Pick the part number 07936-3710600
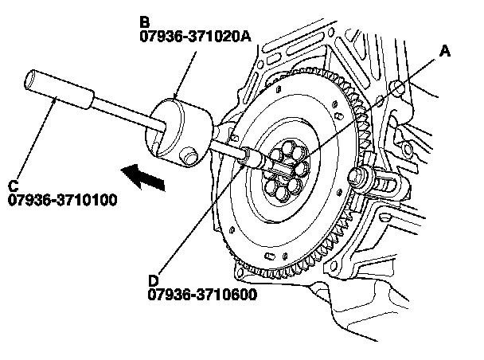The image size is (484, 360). (x=200, y=295)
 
